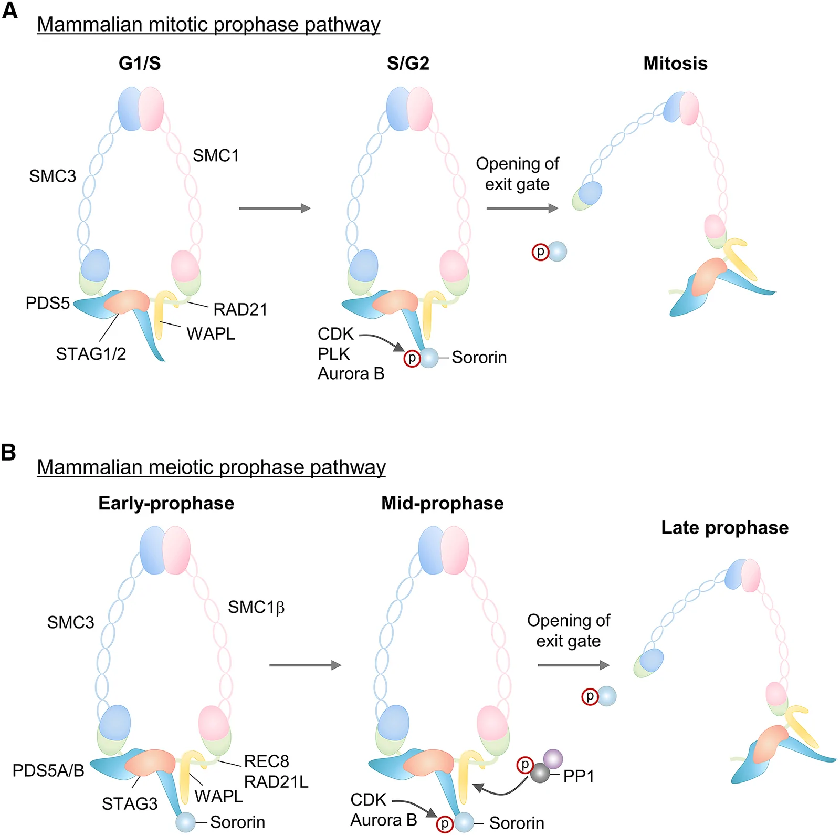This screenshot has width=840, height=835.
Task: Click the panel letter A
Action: tap(9, 10)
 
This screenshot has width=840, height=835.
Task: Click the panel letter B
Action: tap(8, 452)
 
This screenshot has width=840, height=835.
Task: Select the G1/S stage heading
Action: tap(140, 64)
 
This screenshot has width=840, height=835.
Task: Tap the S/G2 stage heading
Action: tap(408, 64)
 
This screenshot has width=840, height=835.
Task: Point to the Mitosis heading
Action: tap(675, 64)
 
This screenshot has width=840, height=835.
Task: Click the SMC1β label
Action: tap(256, 608)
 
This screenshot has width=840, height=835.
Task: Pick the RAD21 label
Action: tap(240, 309)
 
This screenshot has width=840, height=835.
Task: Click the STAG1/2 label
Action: tap(91, 354)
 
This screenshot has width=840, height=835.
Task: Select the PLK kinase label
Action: tap(334, 354)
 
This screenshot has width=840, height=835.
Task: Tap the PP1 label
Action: tap(579, 776)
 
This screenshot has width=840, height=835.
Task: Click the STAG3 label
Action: tap(130, 803)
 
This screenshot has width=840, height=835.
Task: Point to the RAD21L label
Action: tap(276, 782)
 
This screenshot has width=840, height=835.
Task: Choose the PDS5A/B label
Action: tap(48, 770)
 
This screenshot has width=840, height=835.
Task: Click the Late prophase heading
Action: tap(724, 528)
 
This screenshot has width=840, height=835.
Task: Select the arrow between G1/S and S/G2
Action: tap(275, 208)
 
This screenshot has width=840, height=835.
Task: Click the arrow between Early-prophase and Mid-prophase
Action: tap(305, 665)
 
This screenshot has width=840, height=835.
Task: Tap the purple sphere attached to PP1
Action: tap(553, 759)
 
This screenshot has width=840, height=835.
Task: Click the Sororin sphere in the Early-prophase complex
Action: tap(186, 822)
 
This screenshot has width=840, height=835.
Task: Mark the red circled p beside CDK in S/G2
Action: tap(412, 359)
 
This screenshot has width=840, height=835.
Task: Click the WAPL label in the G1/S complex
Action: tap(211, 333)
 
